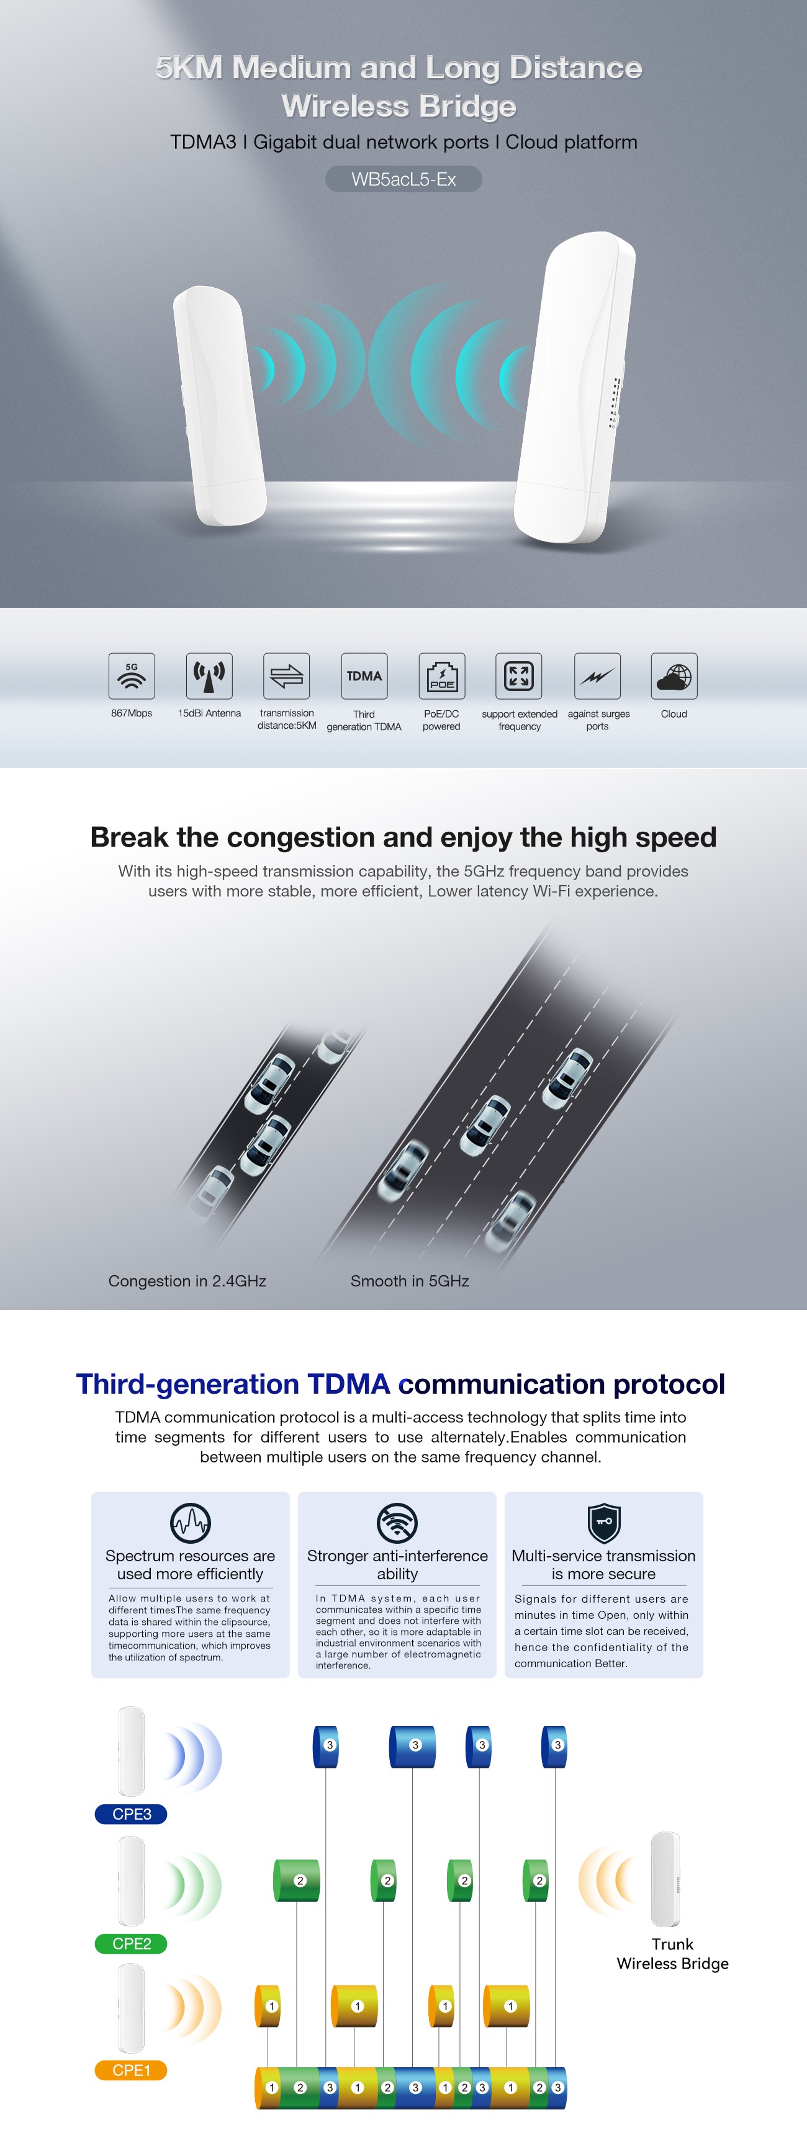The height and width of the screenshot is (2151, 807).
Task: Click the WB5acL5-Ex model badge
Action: (403, 179)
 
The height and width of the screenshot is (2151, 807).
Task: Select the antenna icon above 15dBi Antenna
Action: (209, 675)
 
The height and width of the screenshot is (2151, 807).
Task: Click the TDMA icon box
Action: (364, 675)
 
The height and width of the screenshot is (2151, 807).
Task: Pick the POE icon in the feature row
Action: (442, 675)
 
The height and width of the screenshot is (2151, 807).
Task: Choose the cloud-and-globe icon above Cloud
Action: (674, 675)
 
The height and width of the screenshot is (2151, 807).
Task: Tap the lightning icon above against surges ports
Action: (597, 675)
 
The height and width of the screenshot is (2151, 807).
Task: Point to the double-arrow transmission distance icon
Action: (287, 675)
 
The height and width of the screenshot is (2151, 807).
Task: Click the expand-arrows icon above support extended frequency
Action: (519, 675)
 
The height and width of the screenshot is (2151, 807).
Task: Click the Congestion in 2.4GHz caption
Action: (187, 1281)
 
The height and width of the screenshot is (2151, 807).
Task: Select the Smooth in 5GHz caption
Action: (409, 1281)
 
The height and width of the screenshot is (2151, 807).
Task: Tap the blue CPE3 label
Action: (131, 1814)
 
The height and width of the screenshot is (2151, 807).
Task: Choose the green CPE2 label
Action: (131, 1944)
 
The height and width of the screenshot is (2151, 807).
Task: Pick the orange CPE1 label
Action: (131, 2070)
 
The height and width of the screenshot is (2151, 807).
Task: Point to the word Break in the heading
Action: (130, 837)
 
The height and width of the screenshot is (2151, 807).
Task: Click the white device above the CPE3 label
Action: (131, 1751)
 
